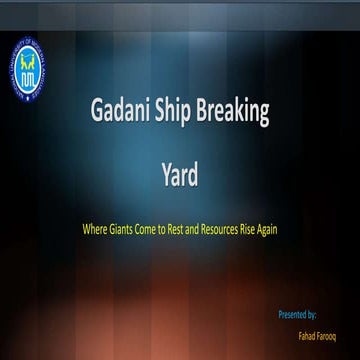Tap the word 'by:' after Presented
[313, 314]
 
